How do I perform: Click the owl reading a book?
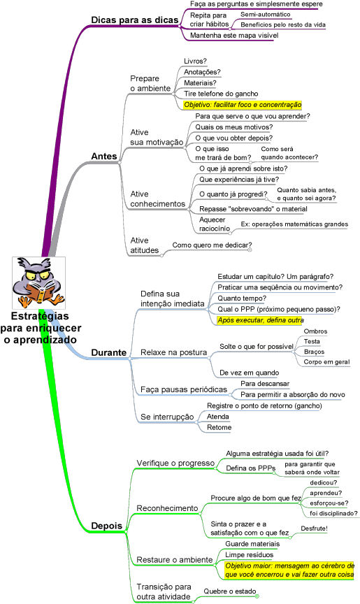[38, 282]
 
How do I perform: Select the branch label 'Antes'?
[104, 157]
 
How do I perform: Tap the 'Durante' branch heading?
[108, 352]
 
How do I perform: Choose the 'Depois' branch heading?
[107, 526]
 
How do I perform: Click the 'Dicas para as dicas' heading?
[135, 20]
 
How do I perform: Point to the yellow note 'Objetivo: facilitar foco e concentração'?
[243, 104]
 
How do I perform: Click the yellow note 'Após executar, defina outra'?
[260, 320]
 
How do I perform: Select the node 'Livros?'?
[195, 62]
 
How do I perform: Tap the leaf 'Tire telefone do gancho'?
[221, 94]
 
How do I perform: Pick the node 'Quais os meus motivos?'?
[234, 127]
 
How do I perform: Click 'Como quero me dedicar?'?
[212, 245]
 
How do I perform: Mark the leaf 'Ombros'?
[315, 331]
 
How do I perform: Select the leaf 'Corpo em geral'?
[326, 362]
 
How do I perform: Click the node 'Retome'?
[219, 427]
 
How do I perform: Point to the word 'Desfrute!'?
[314, 528]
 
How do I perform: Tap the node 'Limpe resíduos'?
[249, 554]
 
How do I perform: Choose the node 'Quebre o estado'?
[230, 591]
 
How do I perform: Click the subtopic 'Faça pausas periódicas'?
[184, 389]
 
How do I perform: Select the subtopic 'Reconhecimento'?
[167, 508]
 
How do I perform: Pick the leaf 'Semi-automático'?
[266, 14]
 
